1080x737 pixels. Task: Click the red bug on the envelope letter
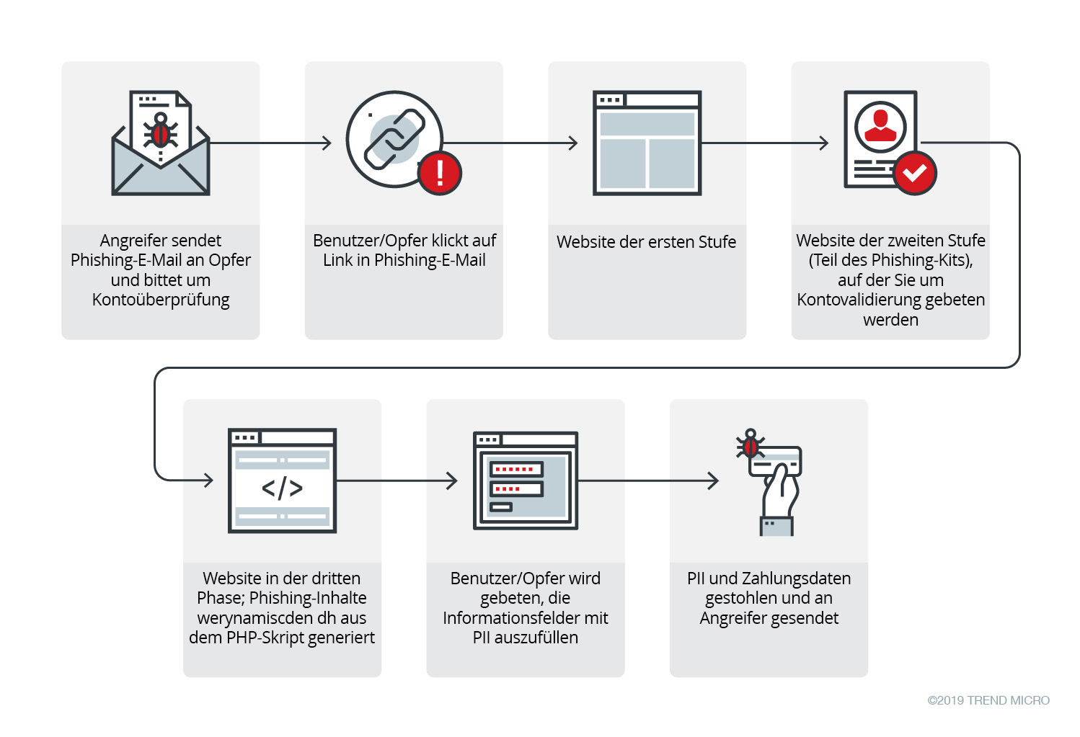(x=161, y=132)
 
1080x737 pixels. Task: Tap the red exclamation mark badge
(x=439, y=173)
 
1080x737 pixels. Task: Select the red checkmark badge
(x=914, y=173)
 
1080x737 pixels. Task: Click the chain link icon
(x=394, y=138)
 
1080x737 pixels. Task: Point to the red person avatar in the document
(x=880, y=126)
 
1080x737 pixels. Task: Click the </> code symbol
(x=282, y=488)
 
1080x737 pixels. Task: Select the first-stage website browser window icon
(x=647, y=143)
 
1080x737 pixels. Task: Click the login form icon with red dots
(x=525, y=481)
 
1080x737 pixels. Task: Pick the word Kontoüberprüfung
(x=161, y=300)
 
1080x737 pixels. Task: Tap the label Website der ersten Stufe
(x=646, y=242)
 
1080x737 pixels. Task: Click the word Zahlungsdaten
(x=796, y=579)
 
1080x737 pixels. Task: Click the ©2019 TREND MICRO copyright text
(x=988, y=700)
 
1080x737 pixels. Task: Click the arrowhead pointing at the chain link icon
(x=327, y=143)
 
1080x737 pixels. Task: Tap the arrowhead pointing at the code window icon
(x=209, y=480)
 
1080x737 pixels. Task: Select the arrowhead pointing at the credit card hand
(x=714, y=481)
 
